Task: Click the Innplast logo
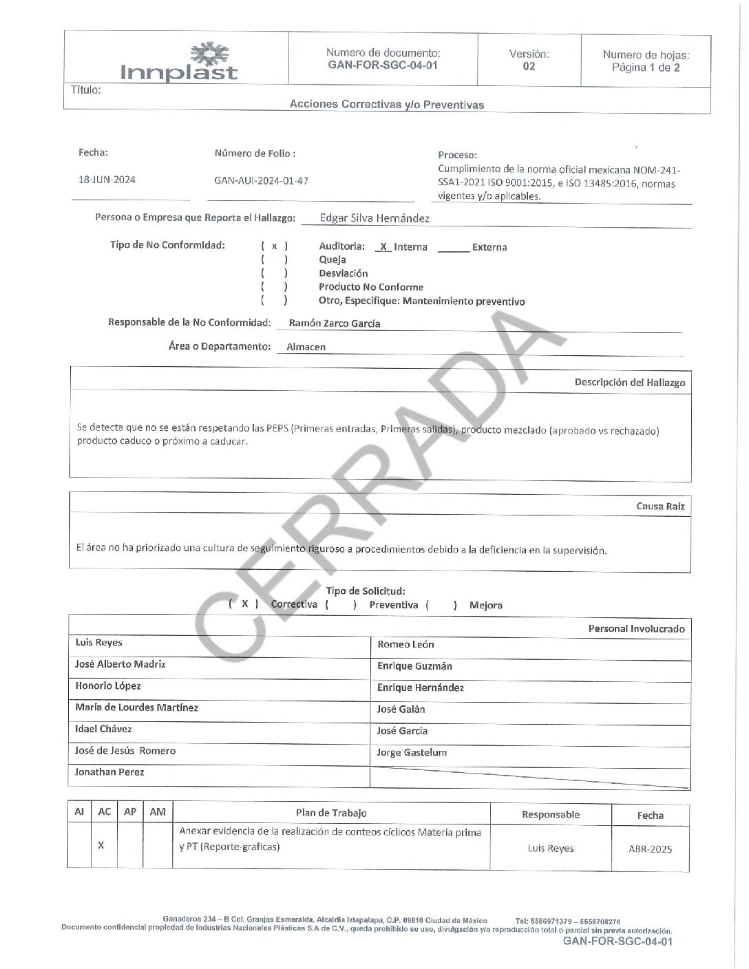[x=179, y=63]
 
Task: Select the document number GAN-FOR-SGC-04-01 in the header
[x=383, y=65]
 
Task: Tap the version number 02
[x=529, y=67]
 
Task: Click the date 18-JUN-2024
[x=107, y=180]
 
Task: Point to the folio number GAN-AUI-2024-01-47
[x=261, y=181]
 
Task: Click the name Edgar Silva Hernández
[x=374, y=219]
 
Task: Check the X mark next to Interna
[x=383, y=247]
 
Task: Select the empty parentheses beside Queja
[x=274, y=260]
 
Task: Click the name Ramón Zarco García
[x=335, y=323]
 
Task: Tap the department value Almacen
[x=306, y=348]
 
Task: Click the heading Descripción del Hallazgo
[x=629, y=383]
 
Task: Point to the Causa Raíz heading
[x=660, y=507]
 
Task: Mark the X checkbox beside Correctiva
[x=244, y=604]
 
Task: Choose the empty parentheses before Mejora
[x=441, y=606]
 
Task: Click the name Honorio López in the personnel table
[x=108, y=686]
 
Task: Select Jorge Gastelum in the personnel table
[x=412, y=753]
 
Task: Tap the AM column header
[x=158, y=812]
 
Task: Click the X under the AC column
[x=101, y=845]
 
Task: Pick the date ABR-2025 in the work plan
[x=650, y=849]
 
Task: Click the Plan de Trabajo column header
[x=331, y=813]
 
